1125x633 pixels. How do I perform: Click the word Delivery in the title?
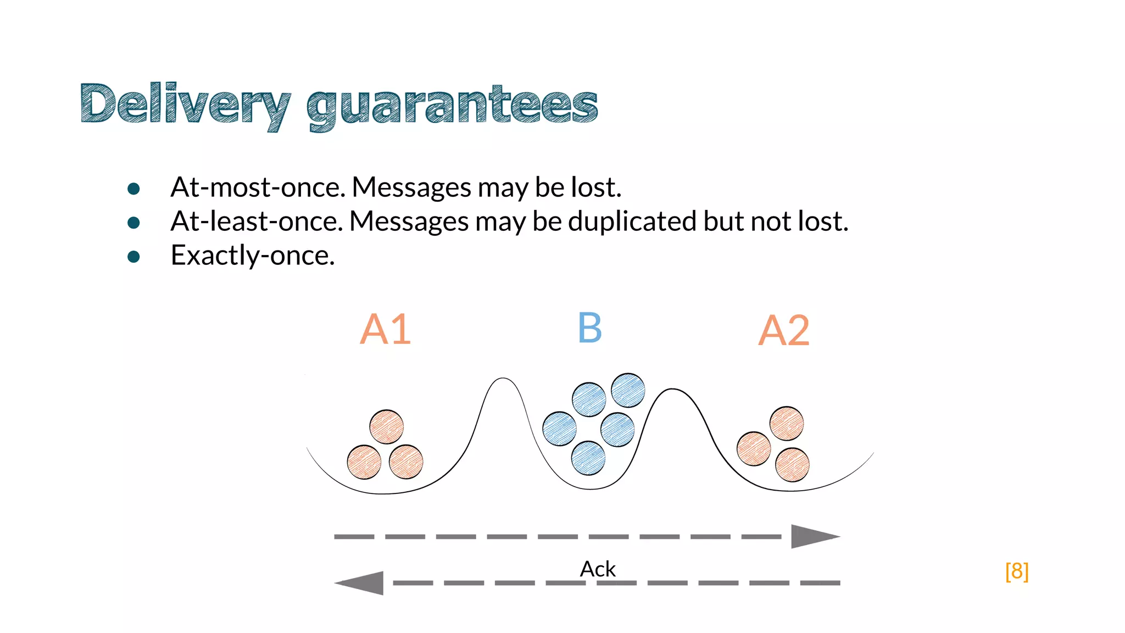pyautogui.click(x=185, y=104)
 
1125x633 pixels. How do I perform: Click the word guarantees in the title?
pyautogui.click(x=452, y=105)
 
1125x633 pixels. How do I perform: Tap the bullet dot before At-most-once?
pyautogui.click(x=133, y=189)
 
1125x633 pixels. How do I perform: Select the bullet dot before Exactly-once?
pyautogui.click(x=133, y=257)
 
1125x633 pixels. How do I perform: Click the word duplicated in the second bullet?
pyautogui.click(x=632, y=221)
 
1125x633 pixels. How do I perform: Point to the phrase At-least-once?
pyautogui.click(x=257, y=221)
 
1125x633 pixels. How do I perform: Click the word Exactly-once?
pyautogui.click(x=253, y=256)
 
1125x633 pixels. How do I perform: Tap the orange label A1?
pyautogui.click(x=385, y=330)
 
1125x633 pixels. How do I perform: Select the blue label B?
pyautogui.click(x=590, y=328)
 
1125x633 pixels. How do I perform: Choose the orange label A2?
pyautogui.click(x=784, y=331)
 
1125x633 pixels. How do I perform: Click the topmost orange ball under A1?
pyautogui.click(x=386, y=426)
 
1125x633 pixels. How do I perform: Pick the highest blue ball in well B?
pyautogui.click(x=628, y=390)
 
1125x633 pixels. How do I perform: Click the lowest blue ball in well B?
pyautogui.click(x=588, y=458)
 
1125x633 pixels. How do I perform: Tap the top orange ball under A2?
pyautogui.click(x=787, y=423)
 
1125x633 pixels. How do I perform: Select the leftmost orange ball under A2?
pyautogui.click(x=753, y=448)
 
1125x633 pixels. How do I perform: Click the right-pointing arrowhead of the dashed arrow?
pyautogui.click(x=813, y=536)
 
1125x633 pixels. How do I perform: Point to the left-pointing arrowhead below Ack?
pyautogui.click(x=361, y=583)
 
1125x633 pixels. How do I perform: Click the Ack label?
pyautogui.click(x=598, y=569)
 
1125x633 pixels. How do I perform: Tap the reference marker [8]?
pyautogui.click(x=1017, y=571)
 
